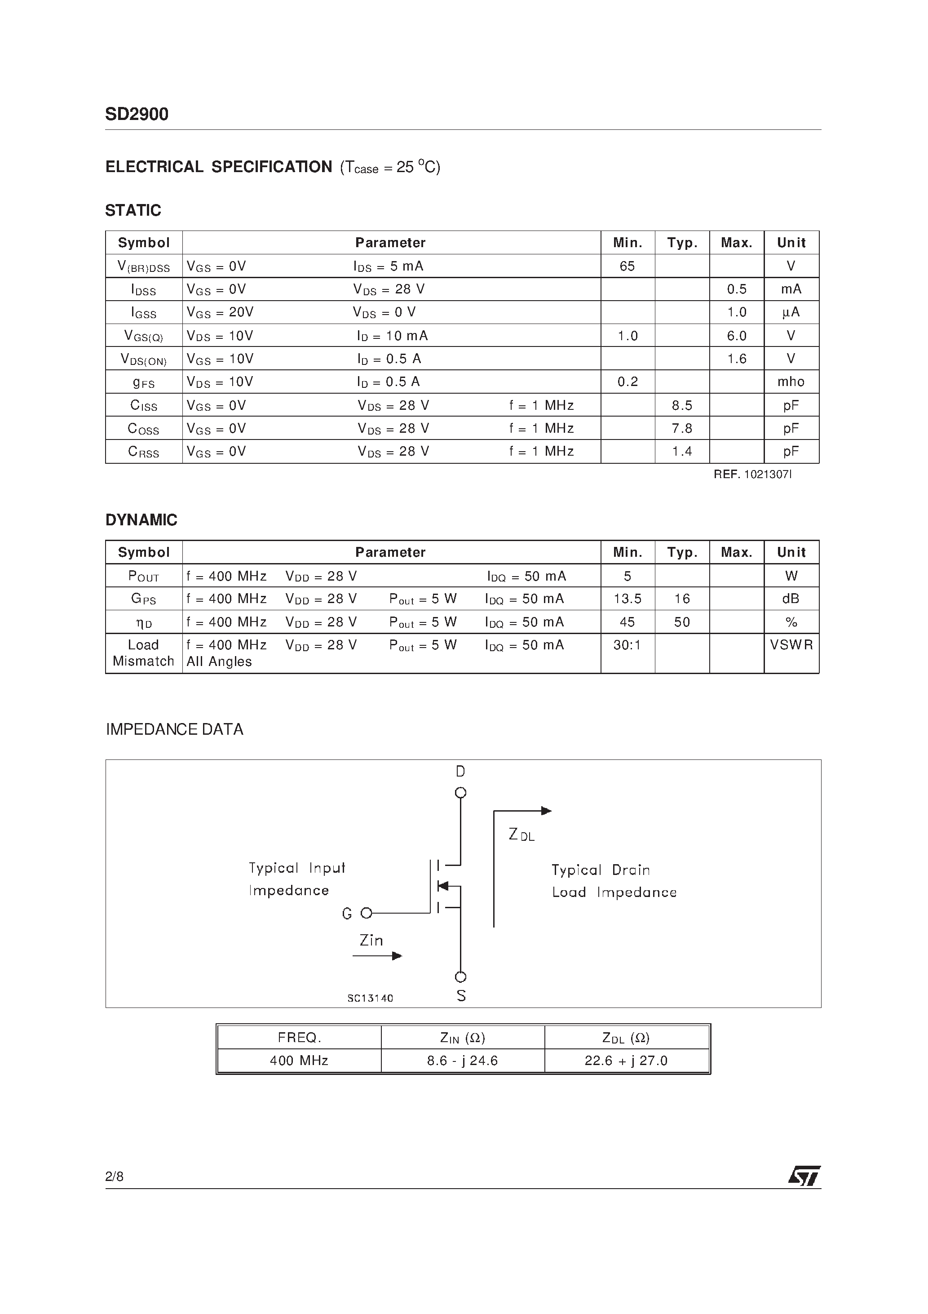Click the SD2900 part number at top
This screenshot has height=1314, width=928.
pos(137,115)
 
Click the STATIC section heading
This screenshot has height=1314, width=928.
pos(133,211)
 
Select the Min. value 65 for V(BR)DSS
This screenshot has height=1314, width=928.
pos(627,266)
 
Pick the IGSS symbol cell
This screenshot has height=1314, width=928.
pos(144,312)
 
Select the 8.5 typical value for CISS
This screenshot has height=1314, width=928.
pos(681,405)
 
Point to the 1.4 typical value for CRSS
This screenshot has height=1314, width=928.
pos(681,452)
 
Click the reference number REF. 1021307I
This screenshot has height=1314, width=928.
pos(752,475)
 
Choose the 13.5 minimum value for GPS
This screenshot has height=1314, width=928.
pos(627,599)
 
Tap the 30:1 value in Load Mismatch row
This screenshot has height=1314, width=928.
pos(627,645)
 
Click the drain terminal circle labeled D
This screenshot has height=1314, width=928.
pos(460,793)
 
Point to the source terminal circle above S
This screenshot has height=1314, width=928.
pos(460,977)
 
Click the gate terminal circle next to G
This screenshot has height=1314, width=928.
pos(366,914)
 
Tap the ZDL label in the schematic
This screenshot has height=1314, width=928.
pos(521,835)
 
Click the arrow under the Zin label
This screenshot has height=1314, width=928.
pos(378,956)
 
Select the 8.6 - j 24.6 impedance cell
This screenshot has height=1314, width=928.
pos(462,1061)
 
